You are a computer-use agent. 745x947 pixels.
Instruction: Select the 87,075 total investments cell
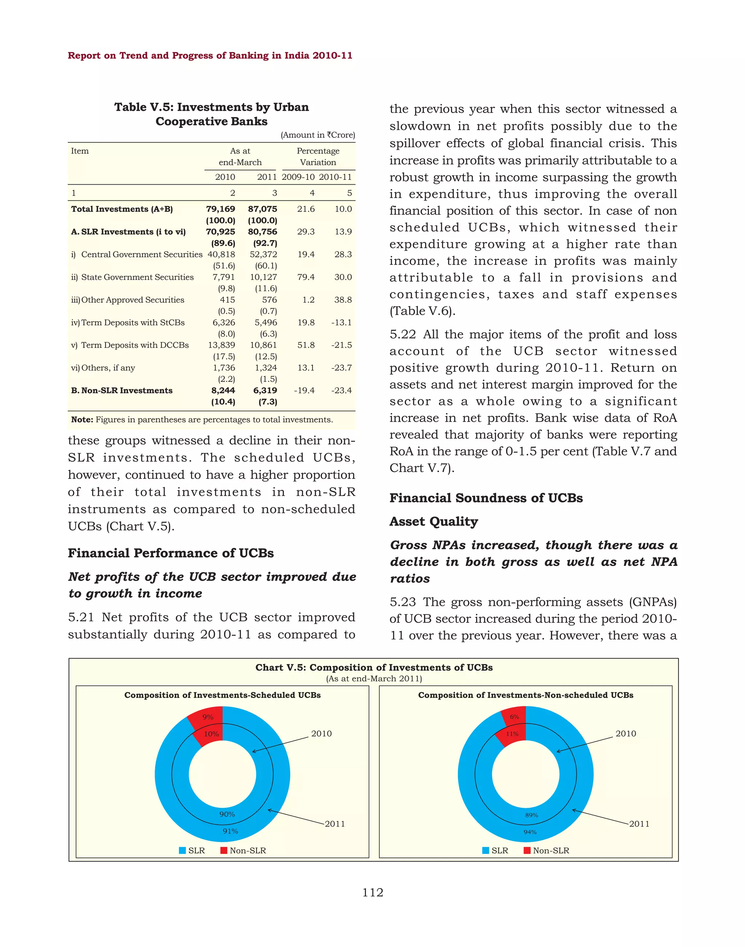click(x=263, y=209)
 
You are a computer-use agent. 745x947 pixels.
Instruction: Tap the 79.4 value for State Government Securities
click(x=306, y=277)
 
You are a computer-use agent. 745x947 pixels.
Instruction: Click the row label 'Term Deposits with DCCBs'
click(x=135, y=345)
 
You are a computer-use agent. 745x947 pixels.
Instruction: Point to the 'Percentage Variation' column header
click(x=318, y=157)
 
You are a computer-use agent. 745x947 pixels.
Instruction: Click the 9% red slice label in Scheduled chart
click(x=208, y=717)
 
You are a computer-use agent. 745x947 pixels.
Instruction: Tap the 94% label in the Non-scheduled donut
click(x=530, y=832)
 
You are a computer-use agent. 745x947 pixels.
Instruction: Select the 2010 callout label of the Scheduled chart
click(x=322, y=733)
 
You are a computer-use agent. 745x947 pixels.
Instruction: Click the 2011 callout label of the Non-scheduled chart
click(x=639, y=824)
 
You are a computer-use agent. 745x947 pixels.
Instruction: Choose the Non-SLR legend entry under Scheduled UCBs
click(x=243, y=850)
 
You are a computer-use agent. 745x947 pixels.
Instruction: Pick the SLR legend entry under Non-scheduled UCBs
click(x=495, y=850)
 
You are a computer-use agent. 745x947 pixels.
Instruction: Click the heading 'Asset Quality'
click(x=434, y=522)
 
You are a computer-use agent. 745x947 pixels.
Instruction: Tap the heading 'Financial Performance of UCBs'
click(x=171, y=553)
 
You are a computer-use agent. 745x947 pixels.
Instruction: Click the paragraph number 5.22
click(x=403, y=334)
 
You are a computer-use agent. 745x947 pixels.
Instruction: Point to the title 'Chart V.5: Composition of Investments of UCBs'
click(x=374, y=667)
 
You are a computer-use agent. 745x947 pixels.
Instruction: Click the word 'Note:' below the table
click(x=82, y=420)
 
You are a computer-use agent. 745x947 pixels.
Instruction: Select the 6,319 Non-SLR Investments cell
click(x=265, y=391)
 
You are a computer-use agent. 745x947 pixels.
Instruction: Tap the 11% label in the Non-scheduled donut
click(x=512, y=734)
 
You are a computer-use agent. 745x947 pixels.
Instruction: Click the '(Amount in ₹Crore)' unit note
click(x=318, y=135)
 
